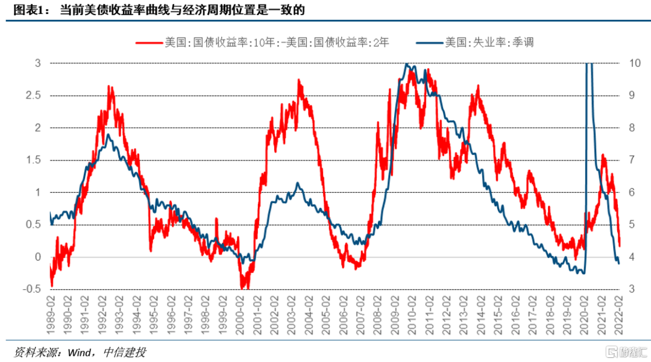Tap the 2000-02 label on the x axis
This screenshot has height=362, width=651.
point(239,311)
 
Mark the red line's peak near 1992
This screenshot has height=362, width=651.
point(110,87)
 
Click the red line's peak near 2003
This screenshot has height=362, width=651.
point(298,80)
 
